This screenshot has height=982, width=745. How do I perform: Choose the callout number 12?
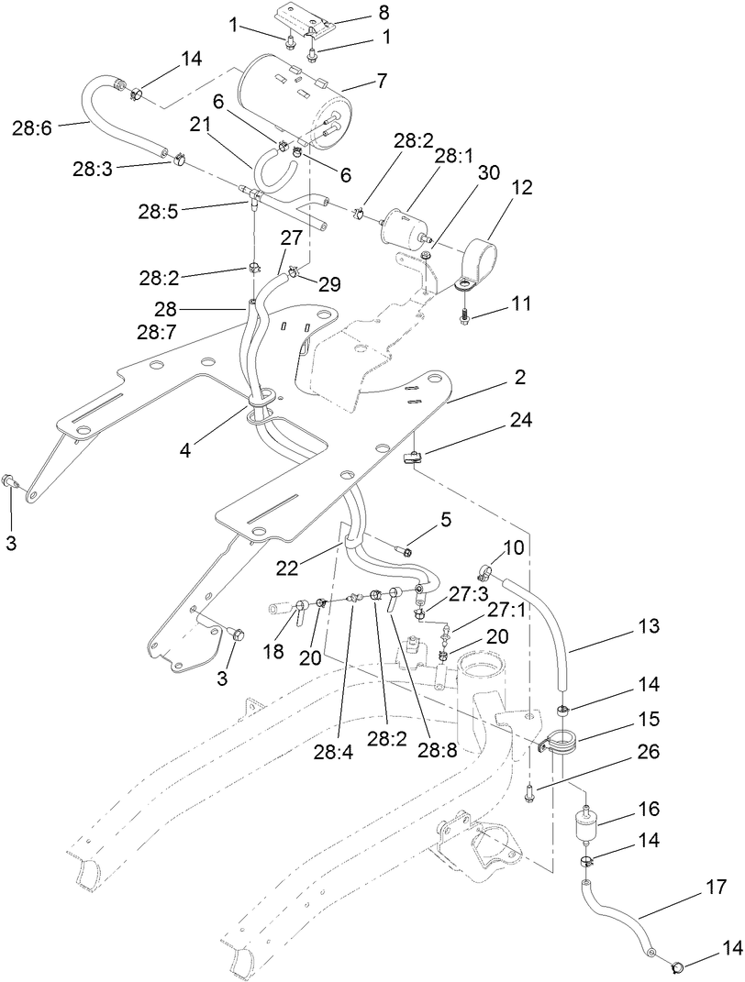(496, 187)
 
